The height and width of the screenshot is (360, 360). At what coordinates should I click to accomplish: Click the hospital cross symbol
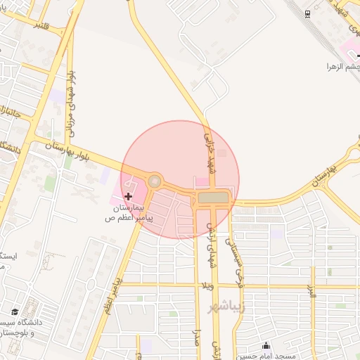pos(128,196)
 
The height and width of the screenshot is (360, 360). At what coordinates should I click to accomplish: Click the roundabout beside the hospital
pos(155,181)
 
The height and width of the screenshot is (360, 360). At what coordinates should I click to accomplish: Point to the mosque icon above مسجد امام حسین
pos(266,345)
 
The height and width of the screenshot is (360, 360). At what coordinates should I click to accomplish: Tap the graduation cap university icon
pos(14,311)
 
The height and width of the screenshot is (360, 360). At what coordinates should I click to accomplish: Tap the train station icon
pos(307,13)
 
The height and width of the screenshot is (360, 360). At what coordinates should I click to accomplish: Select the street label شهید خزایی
pos(208,147)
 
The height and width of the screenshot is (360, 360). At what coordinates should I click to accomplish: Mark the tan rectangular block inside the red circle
pos(214,198)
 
